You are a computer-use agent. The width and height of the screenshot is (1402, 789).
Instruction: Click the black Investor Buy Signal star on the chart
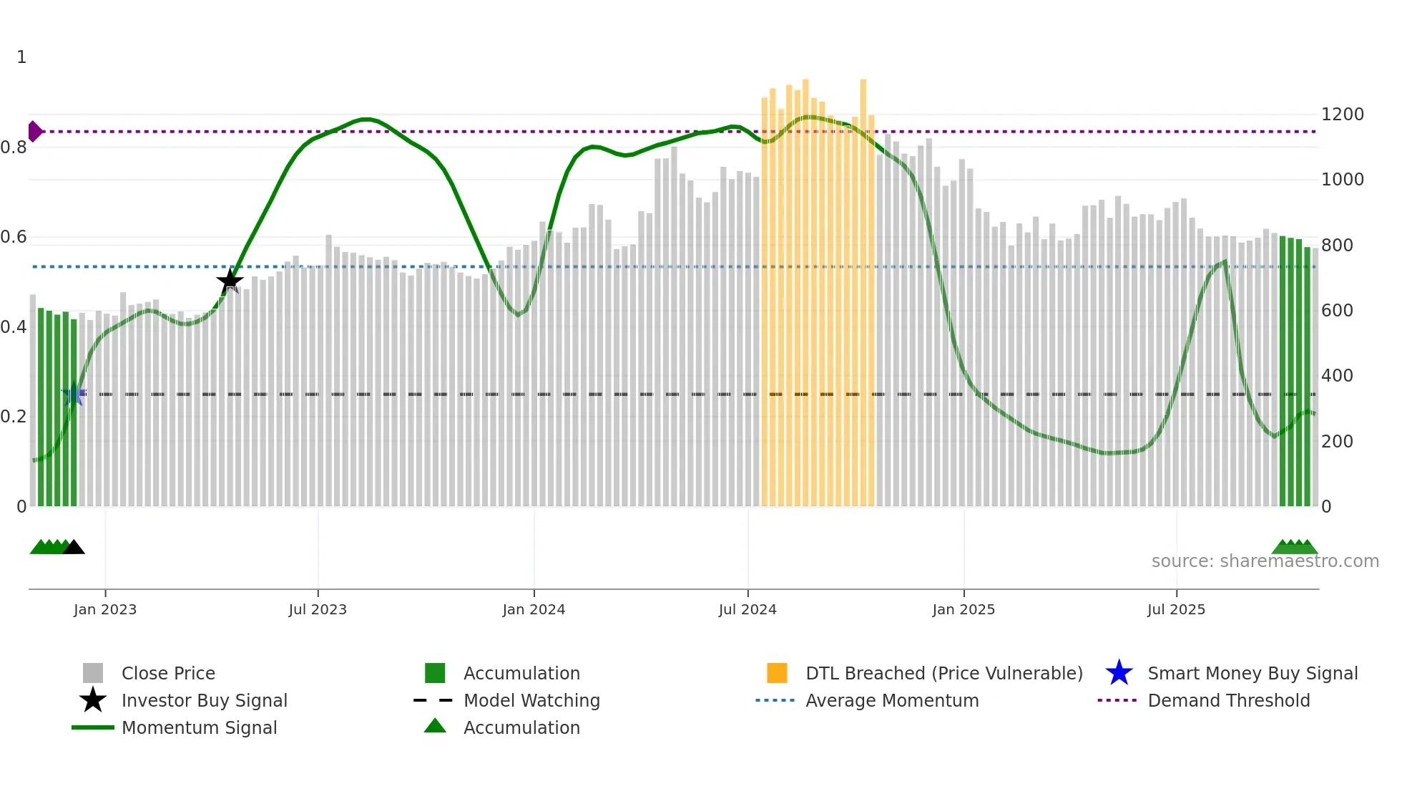(x=230, y=281)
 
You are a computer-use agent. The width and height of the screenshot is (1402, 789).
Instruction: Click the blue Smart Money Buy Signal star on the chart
(x=74, y=394)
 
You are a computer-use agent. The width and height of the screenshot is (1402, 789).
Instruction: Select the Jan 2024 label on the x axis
(x=534, y=609)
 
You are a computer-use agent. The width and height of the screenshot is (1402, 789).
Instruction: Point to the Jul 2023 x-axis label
(x=318, y=609)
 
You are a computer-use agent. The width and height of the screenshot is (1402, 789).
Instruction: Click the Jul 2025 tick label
(x=1176, y=609)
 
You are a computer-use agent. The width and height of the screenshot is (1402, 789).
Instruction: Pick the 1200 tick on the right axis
(x=1342, y=115)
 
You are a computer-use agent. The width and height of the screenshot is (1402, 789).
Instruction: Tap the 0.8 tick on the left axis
(x=14, y=147)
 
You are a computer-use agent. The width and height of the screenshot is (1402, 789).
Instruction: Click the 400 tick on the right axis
(x=1337, y=376)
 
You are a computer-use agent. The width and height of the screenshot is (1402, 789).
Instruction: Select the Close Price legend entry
(x=168, y=673)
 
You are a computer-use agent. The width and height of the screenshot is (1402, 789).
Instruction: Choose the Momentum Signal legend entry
(x=199, y=727)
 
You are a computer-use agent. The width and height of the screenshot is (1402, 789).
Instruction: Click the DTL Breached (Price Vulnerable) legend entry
(x=943, y=673)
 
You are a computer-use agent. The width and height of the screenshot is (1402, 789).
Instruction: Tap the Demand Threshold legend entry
(x=1228, y=700)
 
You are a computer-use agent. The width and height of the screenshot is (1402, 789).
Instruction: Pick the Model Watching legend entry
(x=531, y=700)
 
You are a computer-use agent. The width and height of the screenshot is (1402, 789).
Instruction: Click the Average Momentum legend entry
(x=892, y=700)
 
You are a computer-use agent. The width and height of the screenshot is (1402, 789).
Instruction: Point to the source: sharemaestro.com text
(x=1265, y=561)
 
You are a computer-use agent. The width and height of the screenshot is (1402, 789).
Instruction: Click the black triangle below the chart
(x=74, y=548)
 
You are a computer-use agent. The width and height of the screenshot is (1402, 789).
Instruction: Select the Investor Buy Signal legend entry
(x=204, y=700)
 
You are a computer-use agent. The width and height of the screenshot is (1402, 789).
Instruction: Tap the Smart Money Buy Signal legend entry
(x=1253, y=673)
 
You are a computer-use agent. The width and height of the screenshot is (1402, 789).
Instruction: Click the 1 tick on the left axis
(x=21, y=57)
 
